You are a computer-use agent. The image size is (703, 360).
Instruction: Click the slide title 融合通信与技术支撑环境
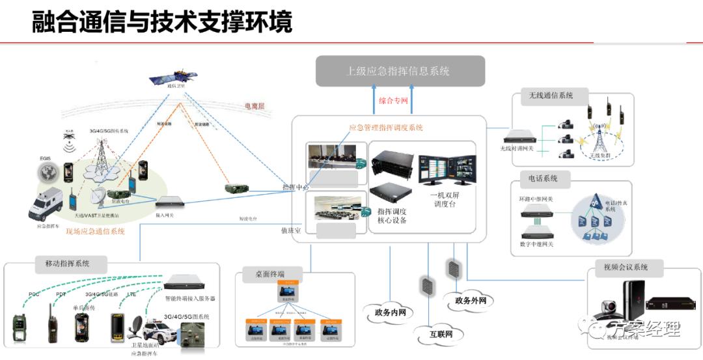[x=162, y=21]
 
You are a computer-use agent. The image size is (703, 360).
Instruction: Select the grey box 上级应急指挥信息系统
[x=400, y=71]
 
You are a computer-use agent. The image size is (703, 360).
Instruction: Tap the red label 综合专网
[x=393, y=101]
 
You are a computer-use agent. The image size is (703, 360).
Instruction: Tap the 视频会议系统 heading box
[x=622, y=267]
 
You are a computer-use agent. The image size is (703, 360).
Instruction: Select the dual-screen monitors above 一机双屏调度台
[x=447, y=171]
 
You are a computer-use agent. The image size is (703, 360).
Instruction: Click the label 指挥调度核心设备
[x=392, y=215]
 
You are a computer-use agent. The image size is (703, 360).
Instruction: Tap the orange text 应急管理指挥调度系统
[x=386, y=128]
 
